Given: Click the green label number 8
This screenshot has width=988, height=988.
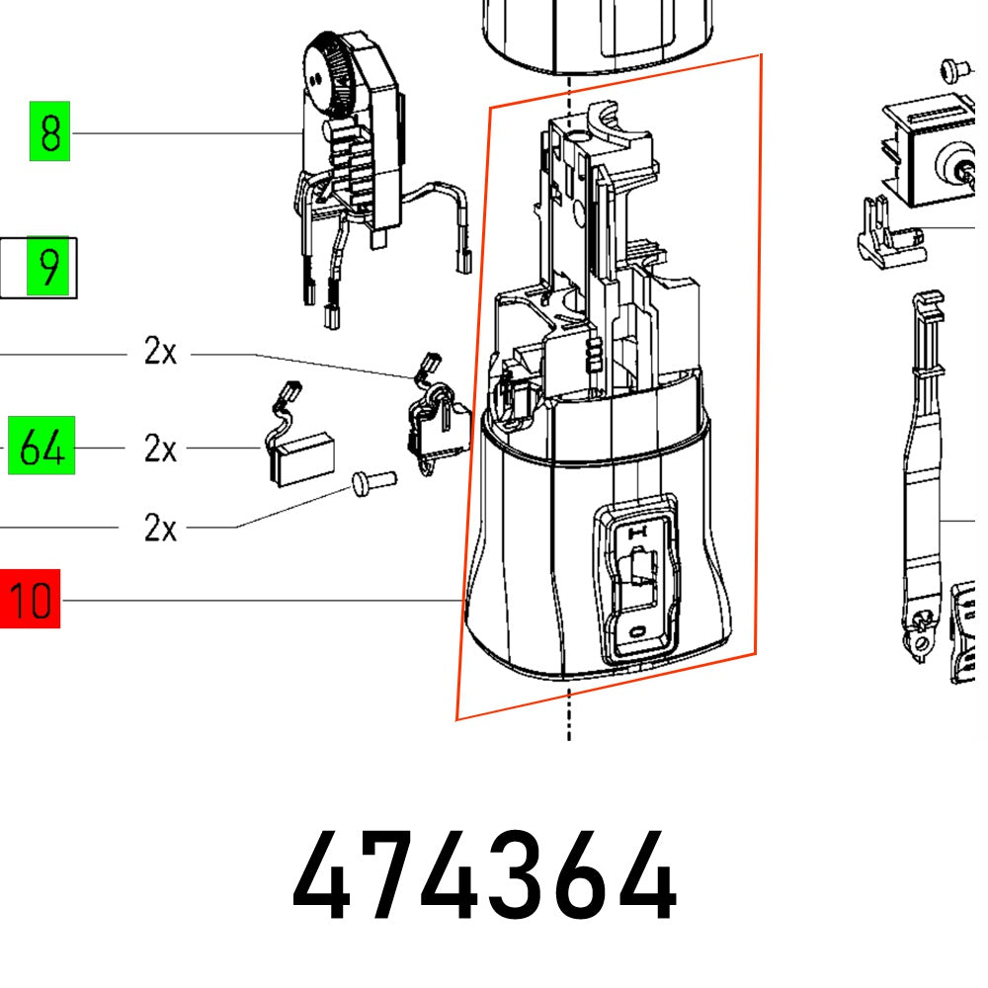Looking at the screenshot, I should point(50,133).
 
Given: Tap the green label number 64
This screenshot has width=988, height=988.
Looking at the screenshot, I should point(42,448).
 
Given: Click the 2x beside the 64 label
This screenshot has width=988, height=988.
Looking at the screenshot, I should point(160,450).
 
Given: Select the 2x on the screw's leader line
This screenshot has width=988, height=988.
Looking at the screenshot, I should point(160,528).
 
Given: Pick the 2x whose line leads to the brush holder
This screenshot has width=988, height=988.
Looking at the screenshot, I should point(160,352).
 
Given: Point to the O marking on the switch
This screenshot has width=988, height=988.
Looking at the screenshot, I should point(638,629).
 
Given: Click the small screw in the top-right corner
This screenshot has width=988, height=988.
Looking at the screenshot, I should point(952,68).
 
